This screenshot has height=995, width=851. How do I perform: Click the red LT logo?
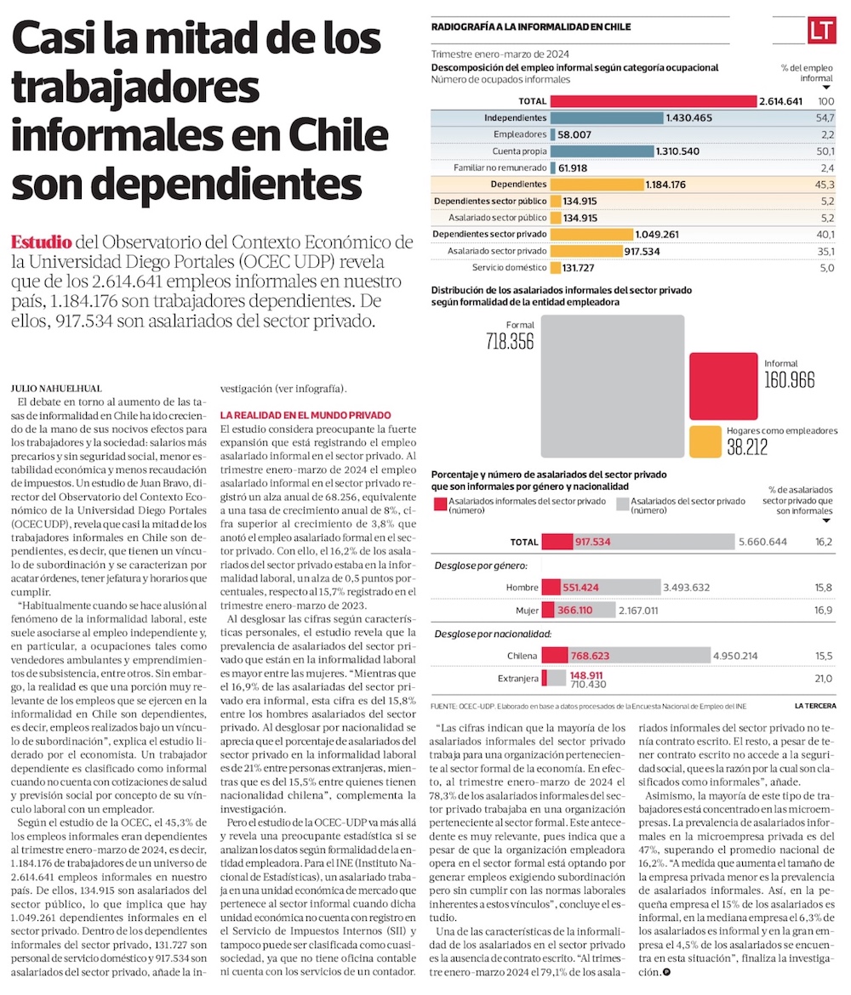[823, 31]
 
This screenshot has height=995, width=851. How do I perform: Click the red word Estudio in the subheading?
[42, 242]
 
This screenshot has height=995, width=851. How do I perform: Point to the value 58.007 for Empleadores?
[576, 134]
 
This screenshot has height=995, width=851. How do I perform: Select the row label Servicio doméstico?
[509, 267]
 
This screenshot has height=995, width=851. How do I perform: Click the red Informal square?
[722, 387]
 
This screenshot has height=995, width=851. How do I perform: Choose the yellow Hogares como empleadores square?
[705, 441]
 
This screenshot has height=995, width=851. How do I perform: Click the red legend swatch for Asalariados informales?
[439, 505]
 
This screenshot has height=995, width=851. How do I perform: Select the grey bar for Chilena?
[638, 655]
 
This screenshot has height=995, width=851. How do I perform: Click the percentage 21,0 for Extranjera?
[823, 679]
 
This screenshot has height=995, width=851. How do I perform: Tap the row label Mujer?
[527, 611]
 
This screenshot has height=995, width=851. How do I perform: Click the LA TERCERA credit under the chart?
[814, 706]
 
